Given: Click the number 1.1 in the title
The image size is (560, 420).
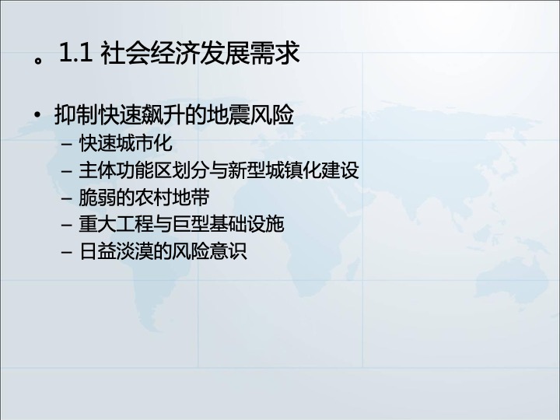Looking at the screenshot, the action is [76, 53].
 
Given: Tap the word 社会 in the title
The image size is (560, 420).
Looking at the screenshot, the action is [125, 53].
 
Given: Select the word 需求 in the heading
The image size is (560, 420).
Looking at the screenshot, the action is [275, 53].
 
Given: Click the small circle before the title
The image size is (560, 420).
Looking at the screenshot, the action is [38, 60].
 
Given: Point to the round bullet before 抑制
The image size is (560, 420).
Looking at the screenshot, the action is [37, 115].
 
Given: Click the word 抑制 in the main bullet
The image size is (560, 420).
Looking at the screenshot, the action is [76, 115].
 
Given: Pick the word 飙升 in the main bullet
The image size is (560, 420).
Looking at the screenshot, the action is [164, 115].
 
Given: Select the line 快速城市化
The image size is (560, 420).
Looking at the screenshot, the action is [126, 143].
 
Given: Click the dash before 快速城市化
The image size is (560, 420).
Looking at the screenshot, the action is [66, 145].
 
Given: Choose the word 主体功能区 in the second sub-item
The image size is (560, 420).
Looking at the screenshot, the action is [125, 170].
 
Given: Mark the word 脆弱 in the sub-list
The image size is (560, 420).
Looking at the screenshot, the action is [97, 197].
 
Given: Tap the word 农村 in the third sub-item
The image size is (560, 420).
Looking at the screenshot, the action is [153, 197].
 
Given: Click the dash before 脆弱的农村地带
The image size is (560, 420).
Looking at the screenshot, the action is [66, 198].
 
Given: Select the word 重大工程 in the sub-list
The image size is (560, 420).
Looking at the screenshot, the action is [116, 224].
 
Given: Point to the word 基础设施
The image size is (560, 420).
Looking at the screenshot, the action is [247, 224].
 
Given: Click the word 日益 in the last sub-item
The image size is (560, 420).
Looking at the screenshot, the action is [97, 250].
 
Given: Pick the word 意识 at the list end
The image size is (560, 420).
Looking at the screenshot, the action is [228, 250].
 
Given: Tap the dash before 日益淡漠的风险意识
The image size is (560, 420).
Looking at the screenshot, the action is [66, 252].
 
